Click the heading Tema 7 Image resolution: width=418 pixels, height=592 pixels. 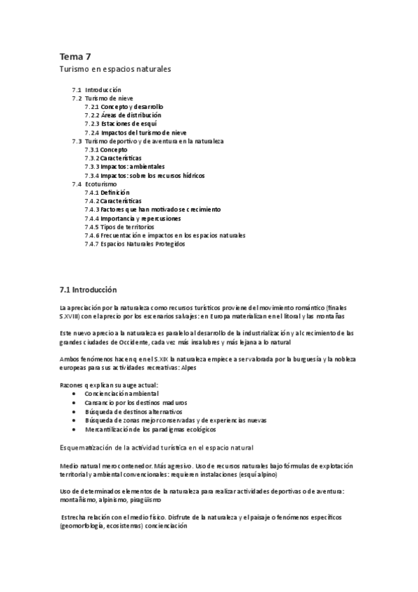[75, 57]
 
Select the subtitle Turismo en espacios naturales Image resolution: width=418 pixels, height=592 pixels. [114, 70]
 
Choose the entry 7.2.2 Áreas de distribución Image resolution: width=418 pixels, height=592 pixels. [123, 115]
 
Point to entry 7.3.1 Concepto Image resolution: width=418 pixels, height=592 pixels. [106, 149]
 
